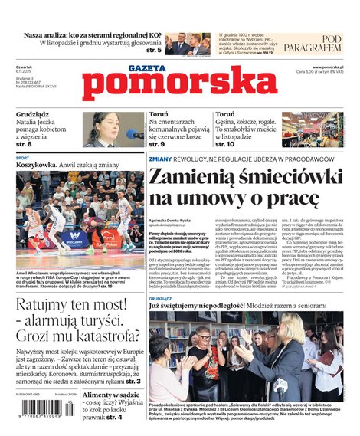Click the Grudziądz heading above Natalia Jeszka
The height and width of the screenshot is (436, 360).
32,115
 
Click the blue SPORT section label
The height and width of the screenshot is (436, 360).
22,158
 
